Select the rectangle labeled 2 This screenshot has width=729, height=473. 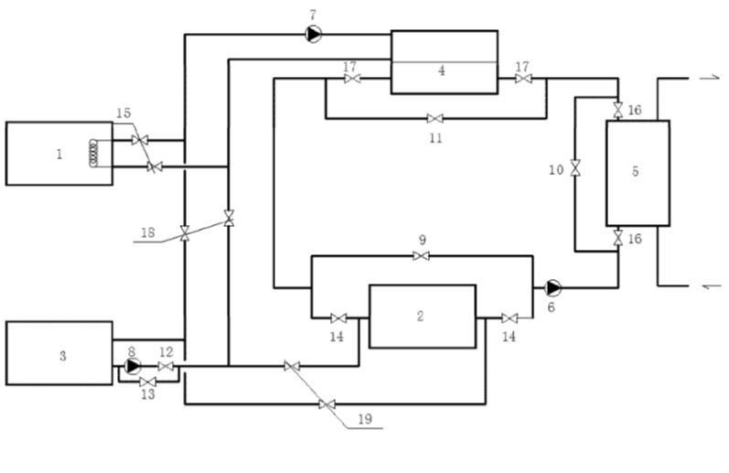[422, 317]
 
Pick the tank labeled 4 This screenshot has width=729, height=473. [444, 62]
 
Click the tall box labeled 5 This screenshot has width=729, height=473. [638, 173]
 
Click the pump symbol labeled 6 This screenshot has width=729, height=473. [552, 287]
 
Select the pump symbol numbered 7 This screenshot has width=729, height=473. [314, 34]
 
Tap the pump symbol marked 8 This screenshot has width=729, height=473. [132, 367]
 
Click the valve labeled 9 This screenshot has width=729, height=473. [421, 256]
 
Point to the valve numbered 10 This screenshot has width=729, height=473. [575, 168]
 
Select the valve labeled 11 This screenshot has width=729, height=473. [435, 118]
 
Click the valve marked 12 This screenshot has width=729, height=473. [166, 367]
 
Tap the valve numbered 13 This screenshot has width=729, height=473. [148, 382]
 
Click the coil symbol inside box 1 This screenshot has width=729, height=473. [93, 153]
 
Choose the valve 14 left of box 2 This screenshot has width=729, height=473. [338, 318]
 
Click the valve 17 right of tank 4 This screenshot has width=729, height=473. [523, 80]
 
